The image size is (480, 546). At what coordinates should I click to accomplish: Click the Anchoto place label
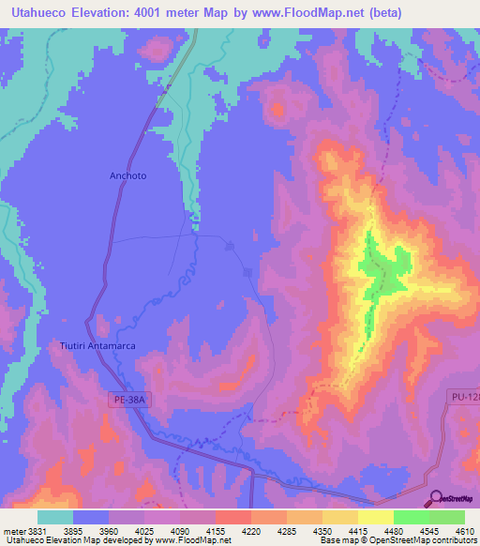click(x=128, y=175)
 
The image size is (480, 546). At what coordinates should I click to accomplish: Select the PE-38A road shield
click(x=126, y=400)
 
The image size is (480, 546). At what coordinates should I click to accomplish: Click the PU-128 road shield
click(x=463, y=400)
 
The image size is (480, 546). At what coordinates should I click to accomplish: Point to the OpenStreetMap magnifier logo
click(x=435, y=499)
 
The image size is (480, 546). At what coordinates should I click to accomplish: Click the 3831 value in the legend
click(x=36, y=530)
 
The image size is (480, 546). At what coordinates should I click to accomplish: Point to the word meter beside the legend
click(x=13, y=530)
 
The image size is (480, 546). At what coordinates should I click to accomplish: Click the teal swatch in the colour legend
click(x=55, y=517)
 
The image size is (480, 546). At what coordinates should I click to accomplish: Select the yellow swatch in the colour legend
click(x=375, y=517)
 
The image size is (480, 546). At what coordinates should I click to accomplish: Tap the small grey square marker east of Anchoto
click(x=247, y=273)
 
